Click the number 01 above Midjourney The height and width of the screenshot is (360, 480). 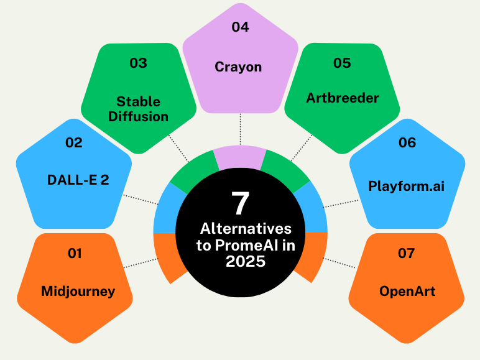pyautogui.click(x=75, y=253)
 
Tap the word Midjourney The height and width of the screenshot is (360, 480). pyautogui.click(x=78, y=290)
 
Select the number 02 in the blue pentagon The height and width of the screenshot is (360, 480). pyautogui.click(x=73, y=142)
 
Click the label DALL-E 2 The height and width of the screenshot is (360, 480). pyautogui.click(x=78, y=180)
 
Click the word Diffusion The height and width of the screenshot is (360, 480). pyautogui.click(x=142, y=116)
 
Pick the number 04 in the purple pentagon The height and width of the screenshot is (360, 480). pyautogui.click(x=240, y=27)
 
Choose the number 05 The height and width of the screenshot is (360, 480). pyautogui.click(x=342, y=63)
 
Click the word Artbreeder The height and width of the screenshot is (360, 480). pyautogui.click(x=343, y=98)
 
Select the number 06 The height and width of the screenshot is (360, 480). pyautogui.click(x=407, y=142)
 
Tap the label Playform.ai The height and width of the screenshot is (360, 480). pyautogui.click(x=406, y=186)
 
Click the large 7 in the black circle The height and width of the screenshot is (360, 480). pyautogui.click(x=240, y=203)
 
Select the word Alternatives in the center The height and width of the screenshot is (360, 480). pyautogui.click(x=245, y=229)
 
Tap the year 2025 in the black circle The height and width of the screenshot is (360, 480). pyautogui.click(x=245, y=262)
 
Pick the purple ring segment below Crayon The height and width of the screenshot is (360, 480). pyautogui.click(x=240, y=156)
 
